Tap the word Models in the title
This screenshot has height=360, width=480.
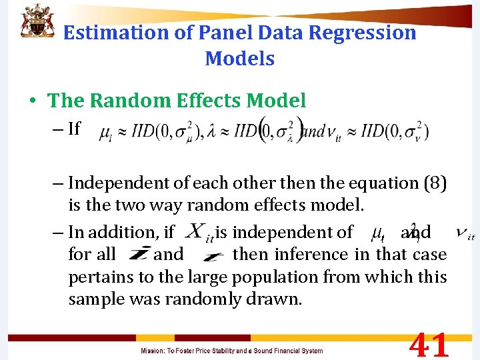pyautogui.click(x=240, y=59)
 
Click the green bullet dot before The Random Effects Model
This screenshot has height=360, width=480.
pyautogui.click(x=33, y=101)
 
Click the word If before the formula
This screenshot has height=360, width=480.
pyautogui.click(x=74, y=128)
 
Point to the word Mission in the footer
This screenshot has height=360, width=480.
pyautogui.click(x=153, y=351)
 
